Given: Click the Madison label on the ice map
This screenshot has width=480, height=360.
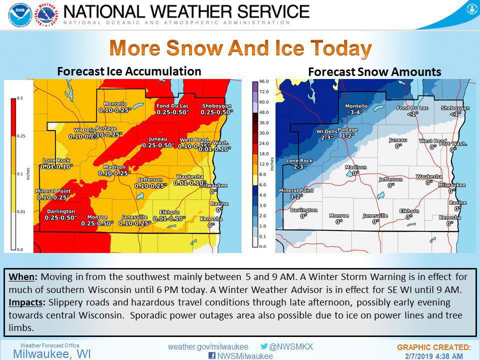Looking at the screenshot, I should click(x=114, y=167).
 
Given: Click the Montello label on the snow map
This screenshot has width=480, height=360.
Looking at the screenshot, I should click(x=356, y=106).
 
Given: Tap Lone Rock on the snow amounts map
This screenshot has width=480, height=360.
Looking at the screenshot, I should click(x=299, y=160).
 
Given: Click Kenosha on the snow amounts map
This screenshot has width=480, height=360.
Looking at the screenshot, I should click(x=450, y=218).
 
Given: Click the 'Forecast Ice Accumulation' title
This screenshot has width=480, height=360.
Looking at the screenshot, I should click(x=129, y=71).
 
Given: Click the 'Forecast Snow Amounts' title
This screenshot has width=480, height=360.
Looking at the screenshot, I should click(x=374, y=72).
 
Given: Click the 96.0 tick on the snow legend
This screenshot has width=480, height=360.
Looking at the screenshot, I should click(x=264, y=81).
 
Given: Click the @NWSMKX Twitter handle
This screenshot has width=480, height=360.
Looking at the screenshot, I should click(x=291, y=346).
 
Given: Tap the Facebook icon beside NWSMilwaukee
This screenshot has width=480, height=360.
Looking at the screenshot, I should click(x=211, y=356).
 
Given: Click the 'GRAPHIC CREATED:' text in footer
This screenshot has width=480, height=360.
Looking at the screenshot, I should click(x=434, y=346).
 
